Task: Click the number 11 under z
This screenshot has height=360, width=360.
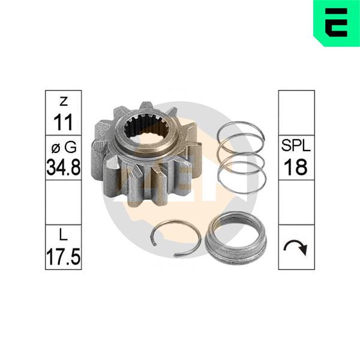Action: pos(63,122)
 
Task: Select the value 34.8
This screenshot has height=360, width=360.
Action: pos(64,167)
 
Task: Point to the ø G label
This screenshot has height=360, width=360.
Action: pos(64,147)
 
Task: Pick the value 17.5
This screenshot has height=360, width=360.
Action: pos(64,256)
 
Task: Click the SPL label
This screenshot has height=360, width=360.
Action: pos(296,145)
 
